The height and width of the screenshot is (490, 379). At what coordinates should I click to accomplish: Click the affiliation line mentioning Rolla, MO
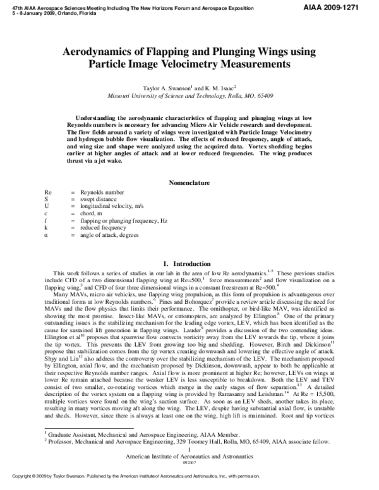tap(189, 97)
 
